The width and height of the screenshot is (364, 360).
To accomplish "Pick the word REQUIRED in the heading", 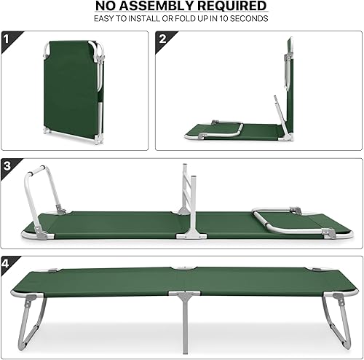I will tap(230, 7).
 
